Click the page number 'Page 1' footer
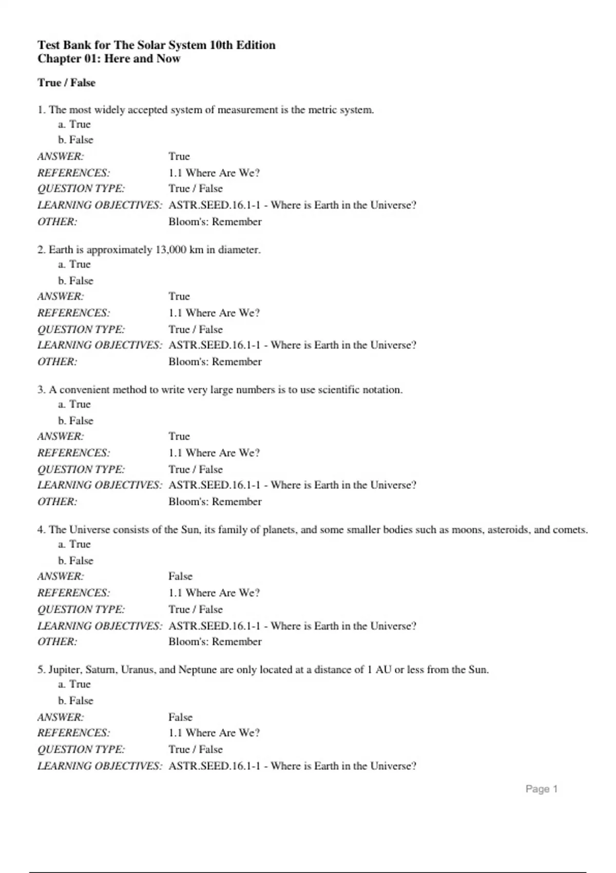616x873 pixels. [x=541, y=789]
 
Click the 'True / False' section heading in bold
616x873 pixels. [x=66, y=83]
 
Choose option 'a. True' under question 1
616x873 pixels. [x=74, y=124]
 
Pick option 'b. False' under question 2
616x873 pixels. [x=75, y=280]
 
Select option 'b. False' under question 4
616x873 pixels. [x=75, y=560]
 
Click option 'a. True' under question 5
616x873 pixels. [x=74, y=684]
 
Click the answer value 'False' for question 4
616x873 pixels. [x=180, y=576]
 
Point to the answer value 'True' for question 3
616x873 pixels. [x=179, y=436]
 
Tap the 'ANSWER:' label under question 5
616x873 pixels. [x=61, y=717]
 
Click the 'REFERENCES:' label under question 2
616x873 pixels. [x=73, y=313]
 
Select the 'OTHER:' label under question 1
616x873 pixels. [x=57, y=222]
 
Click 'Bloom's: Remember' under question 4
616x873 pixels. [x=215, y=641]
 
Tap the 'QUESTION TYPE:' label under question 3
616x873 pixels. [x=81, y=469]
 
